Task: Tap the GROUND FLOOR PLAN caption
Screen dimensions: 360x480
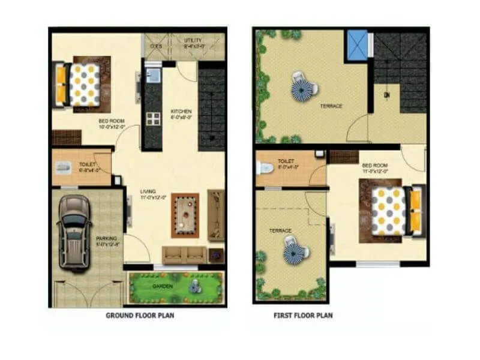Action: [x=140, y=315]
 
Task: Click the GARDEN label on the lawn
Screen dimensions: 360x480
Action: [x=163, y=286]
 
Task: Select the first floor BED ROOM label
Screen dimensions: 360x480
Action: [x=376, y=166]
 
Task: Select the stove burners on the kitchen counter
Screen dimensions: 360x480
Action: [x=153, y=118]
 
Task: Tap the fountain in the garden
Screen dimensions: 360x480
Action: [x=194, y=287]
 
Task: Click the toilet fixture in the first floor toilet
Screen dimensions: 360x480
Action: [x=263, y=167]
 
